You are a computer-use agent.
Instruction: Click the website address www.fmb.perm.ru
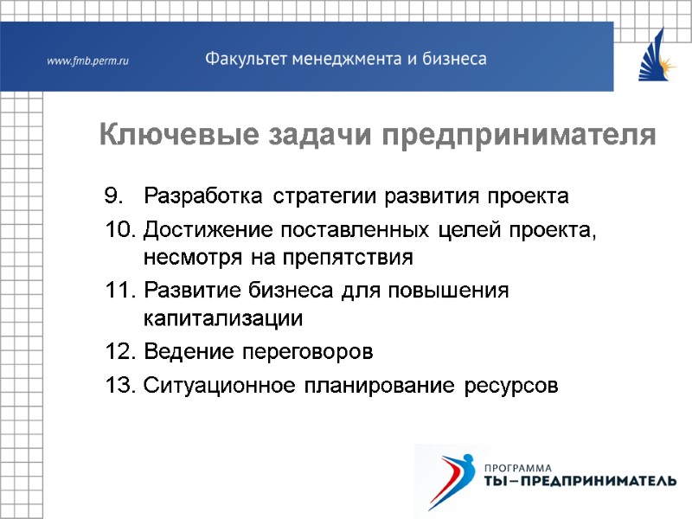point(87,61)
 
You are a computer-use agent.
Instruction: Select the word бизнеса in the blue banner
point(452,60)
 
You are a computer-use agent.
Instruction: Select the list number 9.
point(115,196)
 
